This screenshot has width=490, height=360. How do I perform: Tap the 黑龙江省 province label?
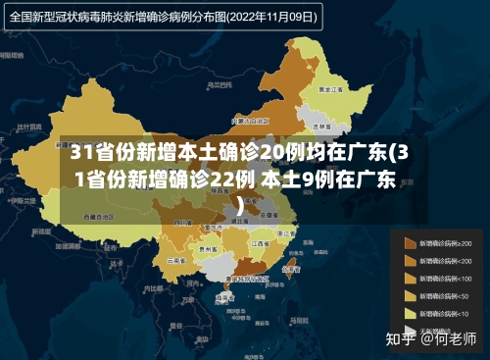329,88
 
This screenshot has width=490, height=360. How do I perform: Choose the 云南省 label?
177,261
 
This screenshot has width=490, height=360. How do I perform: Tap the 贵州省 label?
209,249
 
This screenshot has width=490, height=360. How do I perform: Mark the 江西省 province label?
261,242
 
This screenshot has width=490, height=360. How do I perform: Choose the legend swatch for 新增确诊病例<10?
408,313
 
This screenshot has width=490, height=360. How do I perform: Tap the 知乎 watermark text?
400,340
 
